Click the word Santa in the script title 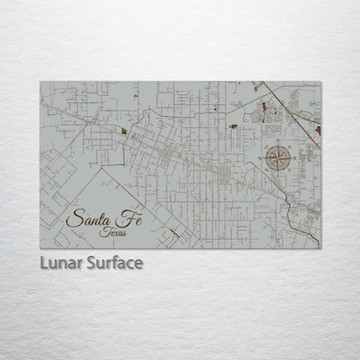point(89,219)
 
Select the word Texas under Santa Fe point(112,231)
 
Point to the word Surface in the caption point(112,263)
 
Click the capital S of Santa point(74,219)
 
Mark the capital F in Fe point(121,216)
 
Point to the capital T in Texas point(103,230)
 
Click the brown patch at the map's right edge point(318,130)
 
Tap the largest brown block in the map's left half point(124,132)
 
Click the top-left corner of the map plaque point(41,82)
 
